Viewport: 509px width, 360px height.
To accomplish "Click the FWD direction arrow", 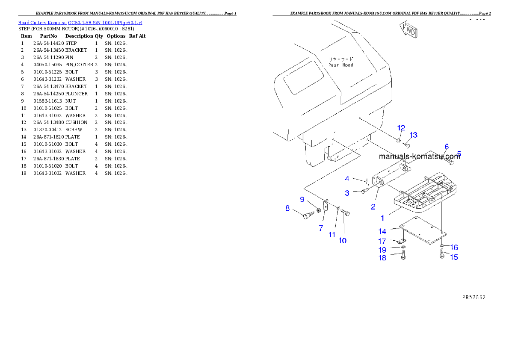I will point(409,30).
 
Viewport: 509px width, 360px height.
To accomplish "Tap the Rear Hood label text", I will point(341,62).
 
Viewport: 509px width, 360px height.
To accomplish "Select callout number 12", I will point(401,128).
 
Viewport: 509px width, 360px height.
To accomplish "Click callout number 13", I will point(413,135).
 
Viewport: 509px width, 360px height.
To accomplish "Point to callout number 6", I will point(447,146).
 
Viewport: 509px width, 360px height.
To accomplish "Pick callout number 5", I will point(459,153).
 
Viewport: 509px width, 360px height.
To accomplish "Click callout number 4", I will point(347,178).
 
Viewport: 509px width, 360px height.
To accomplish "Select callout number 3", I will point(347,193).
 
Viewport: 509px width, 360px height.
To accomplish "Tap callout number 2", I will point(373,207).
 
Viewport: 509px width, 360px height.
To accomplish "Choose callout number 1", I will point(382,218).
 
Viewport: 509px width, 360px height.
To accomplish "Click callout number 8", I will point(288,209).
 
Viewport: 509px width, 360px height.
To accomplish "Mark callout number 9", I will point(302,199).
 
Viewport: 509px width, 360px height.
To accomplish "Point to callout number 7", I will point(321,228).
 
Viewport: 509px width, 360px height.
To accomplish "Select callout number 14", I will point(382,232).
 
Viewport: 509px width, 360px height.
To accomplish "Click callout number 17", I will point(382,242).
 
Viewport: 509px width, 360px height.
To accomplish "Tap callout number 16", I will point(454,247).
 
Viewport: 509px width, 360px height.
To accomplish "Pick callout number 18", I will point(382,258).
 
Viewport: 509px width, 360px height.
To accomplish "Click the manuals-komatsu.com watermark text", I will point(419,156).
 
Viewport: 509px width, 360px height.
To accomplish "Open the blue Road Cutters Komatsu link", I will point(80,23).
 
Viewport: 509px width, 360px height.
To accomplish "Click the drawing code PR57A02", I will point(473,296).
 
